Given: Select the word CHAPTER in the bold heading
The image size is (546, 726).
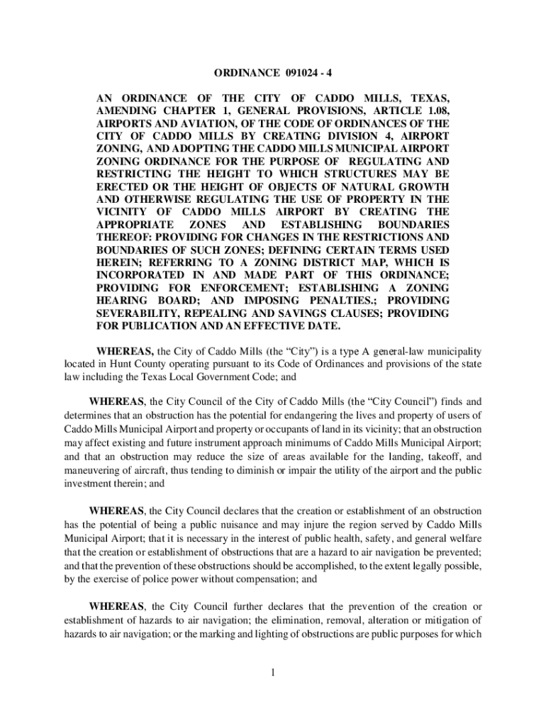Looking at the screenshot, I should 187,111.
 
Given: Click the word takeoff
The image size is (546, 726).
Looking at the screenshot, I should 441,457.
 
